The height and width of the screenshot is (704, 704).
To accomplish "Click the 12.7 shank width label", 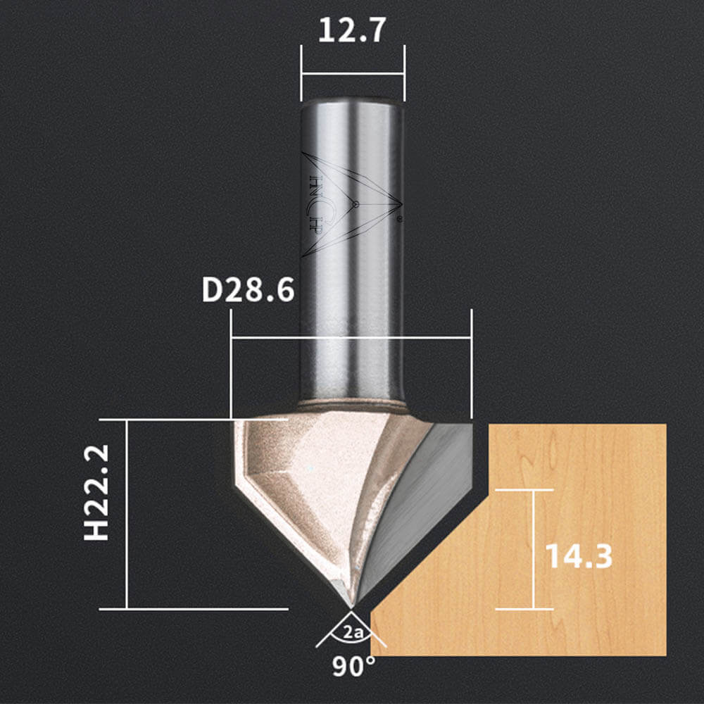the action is tap(352, 30).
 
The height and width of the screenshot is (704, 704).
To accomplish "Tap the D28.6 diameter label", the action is tap(249, 290).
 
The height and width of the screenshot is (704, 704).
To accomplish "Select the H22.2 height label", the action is tap(96, 493).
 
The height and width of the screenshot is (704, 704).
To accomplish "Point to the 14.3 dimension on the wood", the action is tap(579, 556).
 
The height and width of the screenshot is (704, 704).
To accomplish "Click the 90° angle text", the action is tap(353, 667).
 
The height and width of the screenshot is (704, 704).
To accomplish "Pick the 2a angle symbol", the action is tap(353, 633).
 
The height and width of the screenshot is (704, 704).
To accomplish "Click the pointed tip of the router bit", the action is tap(351, 608).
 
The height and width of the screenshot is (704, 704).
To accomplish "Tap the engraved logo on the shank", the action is tap(351, 205).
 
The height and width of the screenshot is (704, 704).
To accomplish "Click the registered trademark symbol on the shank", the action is tap(399, 220).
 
